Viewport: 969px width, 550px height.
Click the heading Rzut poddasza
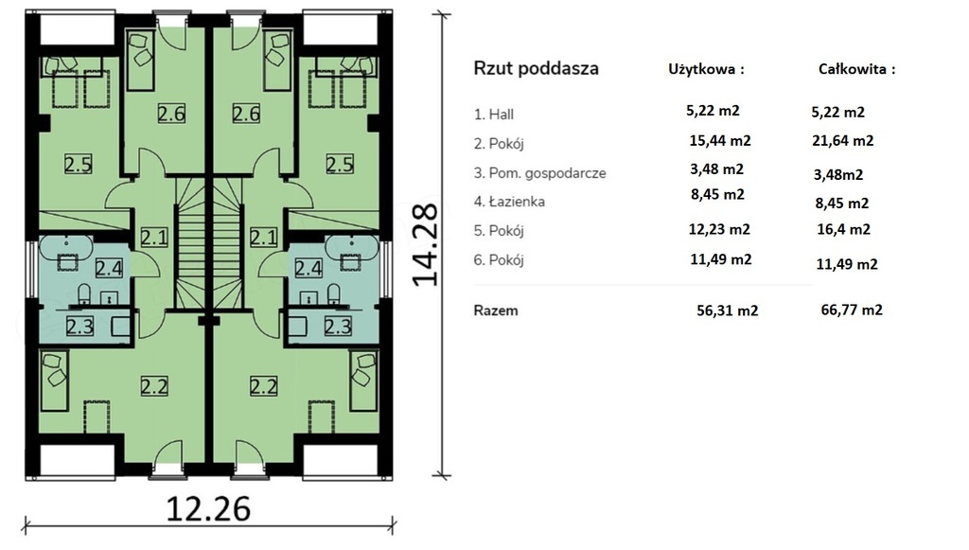click(x=536, y=68)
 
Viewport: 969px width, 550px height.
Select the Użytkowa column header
click(x=706, y=69)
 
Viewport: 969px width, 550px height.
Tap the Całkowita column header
click(x=856, y=69)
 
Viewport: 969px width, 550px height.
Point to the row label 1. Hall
click(x=494, y=115)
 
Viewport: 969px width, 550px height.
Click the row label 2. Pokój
click(x=499, y=144)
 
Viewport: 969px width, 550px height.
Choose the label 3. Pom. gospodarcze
click(x=539, y=173)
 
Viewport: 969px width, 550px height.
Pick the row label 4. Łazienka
click(x=509, y=202)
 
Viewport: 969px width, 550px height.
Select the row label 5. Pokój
click(x=499, y=231)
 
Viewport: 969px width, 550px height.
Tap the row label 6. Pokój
click(x=499, y=260)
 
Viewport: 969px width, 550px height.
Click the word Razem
click(x=496, y=310)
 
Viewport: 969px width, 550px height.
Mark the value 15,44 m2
click(x=720, y=141)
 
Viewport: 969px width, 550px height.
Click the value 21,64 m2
click(x=843, y=141)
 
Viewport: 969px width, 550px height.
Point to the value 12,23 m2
click(x=719, y=230)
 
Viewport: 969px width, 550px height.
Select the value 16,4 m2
click(x=843, y=230)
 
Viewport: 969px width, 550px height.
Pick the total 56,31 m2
click(x=728, y=310)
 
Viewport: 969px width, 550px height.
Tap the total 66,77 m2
click(x=852, y=310)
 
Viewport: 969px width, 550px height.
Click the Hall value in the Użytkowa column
click(x=713, y=111)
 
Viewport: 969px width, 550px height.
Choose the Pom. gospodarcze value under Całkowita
click(x=838, y=175)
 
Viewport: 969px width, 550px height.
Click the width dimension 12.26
click(x=209, y=508)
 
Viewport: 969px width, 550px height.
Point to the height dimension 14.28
click(x=425, y=245)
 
